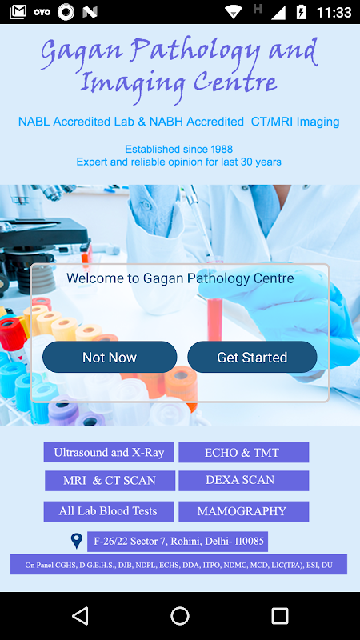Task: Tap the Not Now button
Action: pyautogui.click(x=110, y=357)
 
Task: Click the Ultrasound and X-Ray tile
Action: pyautogui.click(x=109, y=452)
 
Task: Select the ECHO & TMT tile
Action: pyautogui.click(x=244, y=452)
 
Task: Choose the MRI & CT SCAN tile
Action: pyautogui.click(x=110, y=481)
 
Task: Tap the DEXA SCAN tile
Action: pyautogui.click(x=244, y=481)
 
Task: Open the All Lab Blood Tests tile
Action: pyautogui.click(x=109, y=511)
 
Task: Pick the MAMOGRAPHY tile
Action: pyautogui.click(x=244, y=511)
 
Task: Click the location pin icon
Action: pyautogui.click(x=76, y=541)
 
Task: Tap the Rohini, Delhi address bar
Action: pyautogui.click(x=178, y=542)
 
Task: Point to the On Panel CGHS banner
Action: pyautogui.click(x=178, y=565)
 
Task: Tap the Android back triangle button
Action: pyautogui.click(x=81, y=615)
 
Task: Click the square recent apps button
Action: pyautogui.click(x=280, y=615)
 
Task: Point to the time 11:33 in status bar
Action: pyautogui.click(x=334, y=12)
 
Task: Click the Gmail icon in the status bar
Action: pyautogui.click(x=18, y=12)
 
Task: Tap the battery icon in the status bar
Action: pyautogui.click(x=302, y=12)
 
